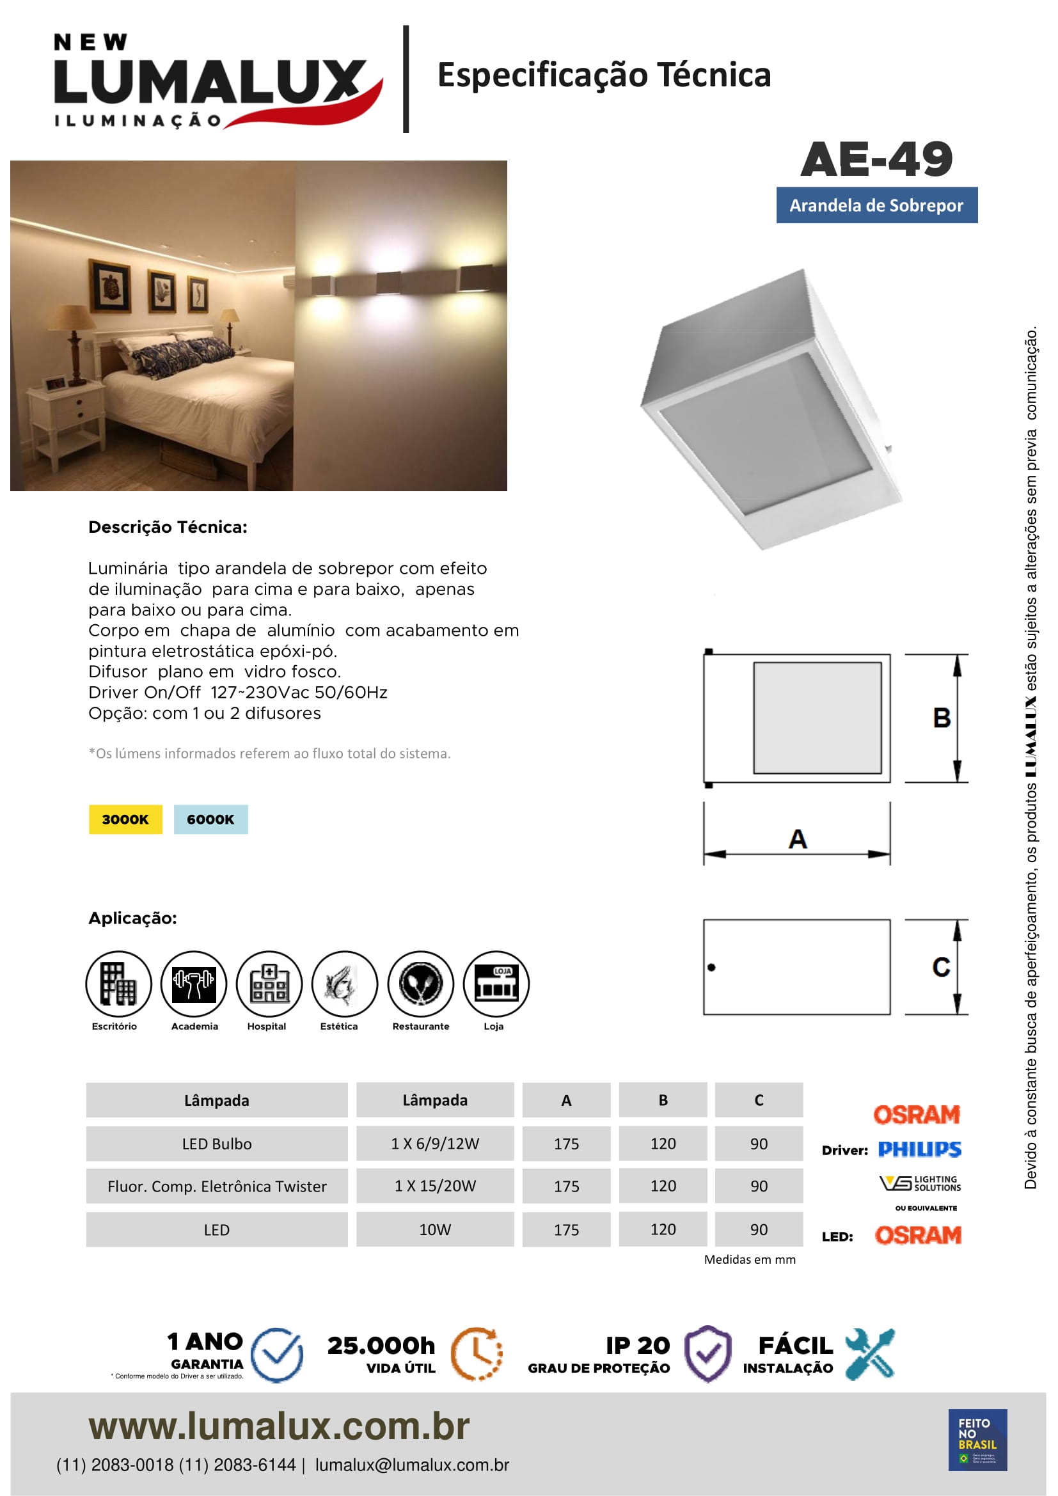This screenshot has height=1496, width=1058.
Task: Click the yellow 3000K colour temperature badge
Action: coord(125,819)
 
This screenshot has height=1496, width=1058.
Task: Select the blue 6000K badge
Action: coord(210,819)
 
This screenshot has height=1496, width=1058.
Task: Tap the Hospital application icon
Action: coord(269,983)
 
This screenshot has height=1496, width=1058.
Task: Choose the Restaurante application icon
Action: coord(421,983)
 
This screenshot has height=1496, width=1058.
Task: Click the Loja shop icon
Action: coord(496,983)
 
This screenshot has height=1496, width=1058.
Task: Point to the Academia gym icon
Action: coord(193,983)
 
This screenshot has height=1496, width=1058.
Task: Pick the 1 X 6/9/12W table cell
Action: coord(434,1144)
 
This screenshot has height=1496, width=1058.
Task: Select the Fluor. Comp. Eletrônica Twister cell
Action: coord(217,1186)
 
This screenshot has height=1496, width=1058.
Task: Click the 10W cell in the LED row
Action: coord(434,1229)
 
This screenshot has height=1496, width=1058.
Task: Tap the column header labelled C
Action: coord(759,1101)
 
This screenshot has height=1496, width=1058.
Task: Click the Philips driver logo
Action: coord(919,1149)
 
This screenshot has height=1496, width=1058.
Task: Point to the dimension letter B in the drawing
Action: coord(942,718)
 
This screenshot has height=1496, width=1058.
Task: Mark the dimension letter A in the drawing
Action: coord(798,839)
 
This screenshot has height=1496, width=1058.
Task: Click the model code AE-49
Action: coord(876,160)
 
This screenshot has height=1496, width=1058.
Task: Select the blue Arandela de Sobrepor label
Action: coord(876,205)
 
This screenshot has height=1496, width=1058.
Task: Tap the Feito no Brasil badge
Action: coord(977,1439)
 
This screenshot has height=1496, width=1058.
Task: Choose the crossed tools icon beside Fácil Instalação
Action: coord(870,1354)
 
